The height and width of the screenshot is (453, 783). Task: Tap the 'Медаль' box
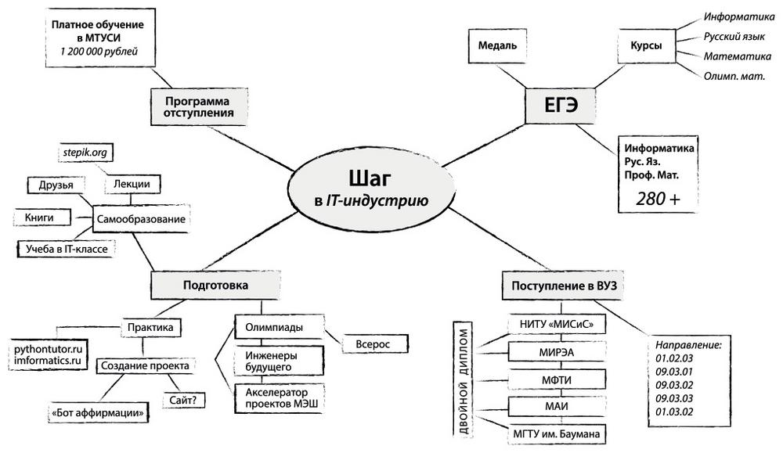click(x=498, y=46)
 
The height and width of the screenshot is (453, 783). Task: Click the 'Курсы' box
click(x=646, y=46)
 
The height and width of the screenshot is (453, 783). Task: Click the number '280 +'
click(x=657, y=200)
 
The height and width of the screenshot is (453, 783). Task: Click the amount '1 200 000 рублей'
click(x=99, y=52)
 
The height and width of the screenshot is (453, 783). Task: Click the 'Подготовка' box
click(x=215, y=286)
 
